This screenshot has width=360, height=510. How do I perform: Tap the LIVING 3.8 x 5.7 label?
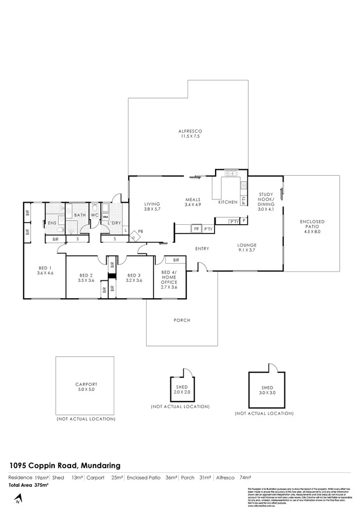click(x=152, y=207)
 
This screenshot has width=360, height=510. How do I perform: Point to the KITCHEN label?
click(x=227, y=202)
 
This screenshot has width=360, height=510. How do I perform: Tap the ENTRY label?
click(x=202, y=249)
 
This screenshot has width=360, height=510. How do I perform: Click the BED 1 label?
click(x=44, y=271)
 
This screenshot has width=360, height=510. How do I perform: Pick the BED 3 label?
click(x=134, y=278)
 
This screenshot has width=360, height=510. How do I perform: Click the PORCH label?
click(x=182, y=320)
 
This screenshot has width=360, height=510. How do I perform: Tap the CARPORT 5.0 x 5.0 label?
click(x=86, y=387)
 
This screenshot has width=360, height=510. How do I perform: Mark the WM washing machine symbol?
click(x=106, y=217)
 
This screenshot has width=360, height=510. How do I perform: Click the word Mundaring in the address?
click(x=101, y=465)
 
